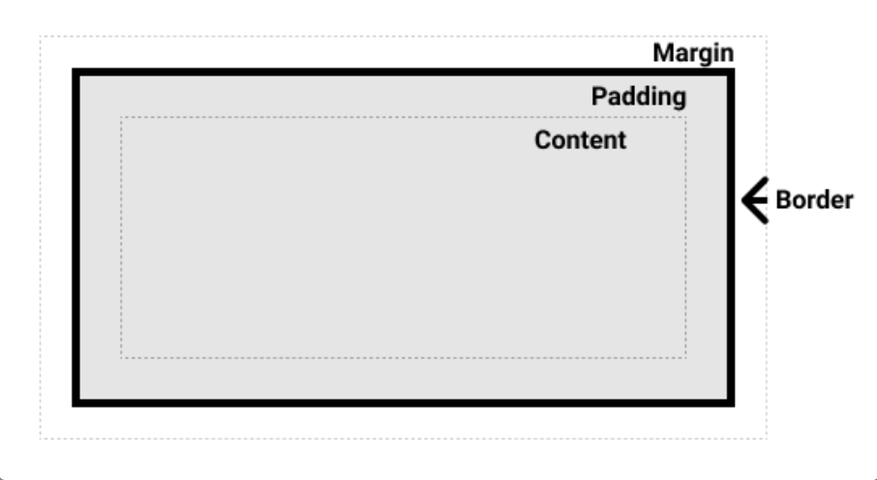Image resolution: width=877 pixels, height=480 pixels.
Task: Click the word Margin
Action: [693, 53]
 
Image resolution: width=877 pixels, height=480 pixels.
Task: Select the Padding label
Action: [639, 97]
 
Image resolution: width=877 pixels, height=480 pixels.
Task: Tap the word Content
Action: [581, 140]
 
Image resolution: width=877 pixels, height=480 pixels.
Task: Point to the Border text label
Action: [814, 199]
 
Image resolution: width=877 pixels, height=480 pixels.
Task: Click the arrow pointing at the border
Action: [755, 200]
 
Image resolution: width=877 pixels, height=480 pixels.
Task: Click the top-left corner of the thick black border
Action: [73, 69]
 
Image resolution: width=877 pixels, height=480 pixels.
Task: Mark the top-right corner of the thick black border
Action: [735, 69]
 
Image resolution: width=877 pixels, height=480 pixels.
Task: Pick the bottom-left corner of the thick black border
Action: [73, 406]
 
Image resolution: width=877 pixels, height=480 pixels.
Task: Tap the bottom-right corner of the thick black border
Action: [735, 406]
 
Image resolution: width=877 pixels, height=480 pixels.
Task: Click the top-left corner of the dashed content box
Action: [121, 117]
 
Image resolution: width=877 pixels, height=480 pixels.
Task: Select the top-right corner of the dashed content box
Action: [686, 117]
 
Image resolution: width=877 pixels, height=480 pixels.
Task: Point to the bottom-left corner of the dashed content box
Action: [121, 358]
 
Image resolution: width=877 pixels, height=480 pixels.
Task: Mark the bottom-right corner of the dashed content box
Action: [686, 358]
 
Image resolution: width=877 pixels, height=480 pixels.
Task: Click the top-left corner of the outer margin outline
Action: [40, 37]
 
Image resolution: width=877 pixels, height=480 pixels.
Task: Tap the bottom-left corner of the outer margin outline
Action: [40, 439]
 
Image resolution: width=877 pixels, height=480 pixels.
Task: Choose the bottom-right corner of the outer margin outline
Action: [767, 439]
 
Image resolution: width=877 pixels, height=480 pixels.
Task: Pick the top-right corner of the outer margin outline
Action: [767, 37]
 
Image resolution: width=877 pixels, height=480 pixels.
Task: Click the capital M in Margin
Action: [663, 53]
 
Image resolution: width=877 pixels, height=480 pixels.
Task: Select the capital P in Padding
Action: [599, 96]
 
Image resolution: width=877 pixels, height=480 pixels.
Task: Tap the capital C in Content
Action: [542, 140]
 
